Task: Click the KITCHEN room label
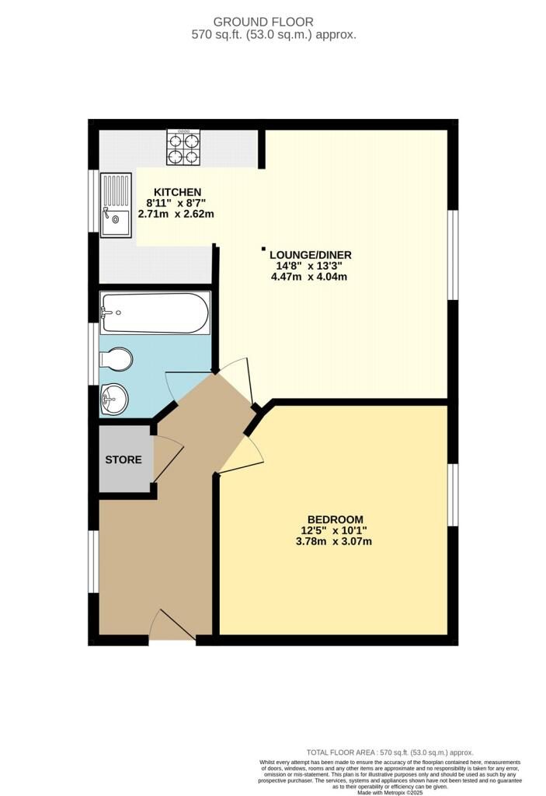(178, 193)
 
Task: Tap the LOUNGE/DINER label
(311, 255)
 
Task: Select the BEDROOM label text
(336, 520)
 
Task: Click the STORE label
(123, 460)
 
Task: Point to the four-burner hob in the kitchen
(183, 147)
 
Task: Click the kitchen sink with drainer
(116, 205)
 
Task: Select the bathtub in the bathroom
(155, 312)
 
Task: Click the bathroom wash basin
(115, 400)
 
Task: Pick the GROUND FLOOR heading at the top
(263, 22)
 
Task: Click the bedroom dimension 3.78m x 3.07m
(334, 542)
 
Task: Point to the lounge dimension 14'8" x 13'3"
(309, 266)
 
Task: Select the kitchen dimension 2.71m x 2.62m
(176, 215)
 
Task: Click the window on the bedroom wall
(453, 495)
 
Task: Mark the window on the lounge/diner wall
(453, 254)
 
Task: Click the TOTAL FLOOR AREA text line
(390, 752)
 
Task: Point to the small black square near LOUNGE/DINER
(263, 249)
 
